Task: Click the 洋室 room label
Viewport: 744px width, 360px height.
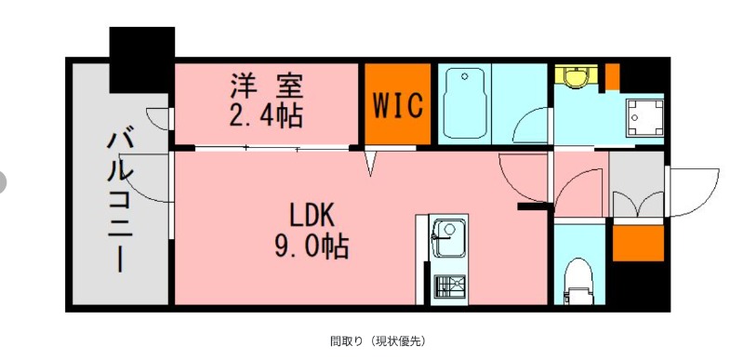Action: (x=267, y=86)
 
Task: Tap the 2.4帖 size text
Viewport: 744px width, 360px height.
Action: (x=267, y=115)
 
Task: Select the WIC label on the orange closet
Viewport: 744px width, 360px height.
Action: (x=398, y=104)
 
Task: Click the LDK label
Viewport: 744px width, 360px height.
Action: (x=311, y=214)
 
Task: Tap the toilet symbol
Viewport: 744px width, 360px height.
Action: (x=579, y=280)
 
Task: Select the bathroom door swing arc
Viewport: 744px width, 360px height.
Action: (x=534, y=126)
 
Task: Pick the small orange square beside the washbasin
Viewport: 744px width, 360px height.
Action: (x=612, y=73)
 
